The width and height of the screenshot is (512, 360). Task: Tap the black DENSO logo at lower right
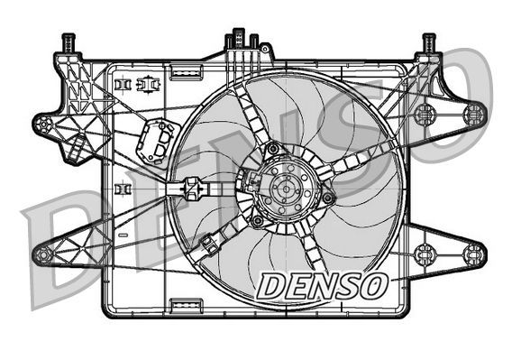point(322,286)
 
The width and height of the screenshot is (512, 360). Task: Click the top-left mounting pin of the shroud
point(68,42)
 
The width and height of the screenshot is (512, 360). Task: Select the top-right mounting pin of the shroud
point(428,42)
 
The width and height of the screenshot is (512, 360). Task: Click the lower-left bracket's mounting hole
point(42,255)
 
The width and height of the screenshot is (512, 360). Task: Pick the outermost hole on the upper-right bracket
point(473,114)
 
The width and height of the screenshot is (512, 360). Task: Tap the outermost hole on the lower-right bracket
point(473,254)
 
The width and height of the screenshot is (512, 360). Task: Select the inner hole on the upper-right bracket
point(424,114)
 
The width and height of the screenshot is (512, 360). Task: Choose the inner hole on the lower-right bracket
point(424,254)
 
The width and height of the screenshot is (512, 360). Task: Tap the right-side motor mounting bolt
point(328,198)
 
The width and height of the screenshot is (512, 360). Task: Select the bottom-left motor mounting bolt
point(258,220)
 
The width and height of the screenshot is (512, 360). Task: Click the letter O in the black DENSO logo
point(370,286)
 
